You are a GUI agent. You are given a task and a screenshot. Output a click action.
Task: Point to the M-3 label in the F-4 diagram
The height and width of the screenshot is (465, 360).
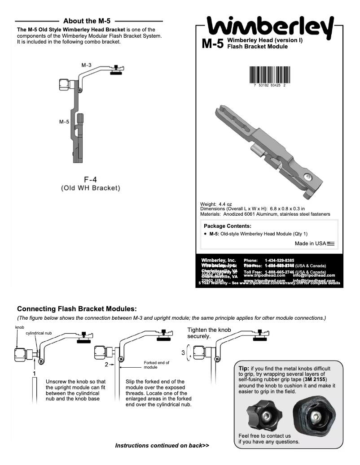86,65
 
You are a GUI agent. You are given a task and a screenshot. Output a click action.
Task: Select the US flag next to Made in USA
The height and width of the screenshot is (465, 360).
331,243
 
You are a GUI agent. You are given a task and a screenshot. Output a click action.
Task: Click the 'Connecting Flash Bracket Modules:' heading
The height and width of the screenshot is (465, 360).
77,309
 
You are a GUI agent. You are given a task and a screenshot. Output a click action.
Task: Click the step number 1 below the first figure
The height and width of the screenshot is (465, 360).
34,373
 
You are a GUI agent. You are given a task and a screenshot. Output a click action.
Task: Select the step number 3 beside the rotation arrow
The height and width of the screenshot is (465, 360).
183,353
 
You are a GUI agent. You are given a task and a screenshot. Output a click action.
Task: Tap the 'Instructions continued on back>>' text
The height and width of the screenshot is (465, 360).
162,446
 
